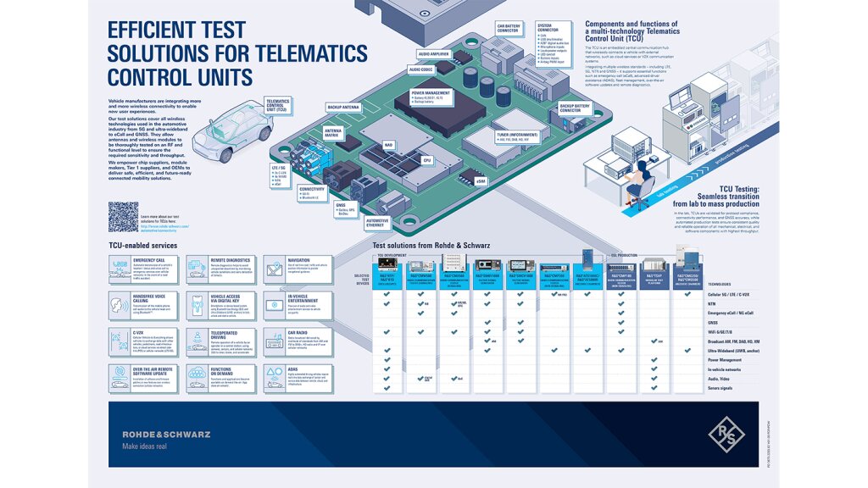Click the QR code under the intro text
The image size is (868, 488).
coord(123,216)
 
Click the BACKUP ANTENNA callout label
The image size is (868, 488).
coord(342,108)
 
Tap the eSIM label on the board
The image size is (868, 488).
coord(481,181)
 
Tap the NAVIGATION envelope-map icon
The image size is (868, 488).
coord(275,269)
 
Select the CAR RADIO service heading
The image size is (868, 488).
coord(298,334)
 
